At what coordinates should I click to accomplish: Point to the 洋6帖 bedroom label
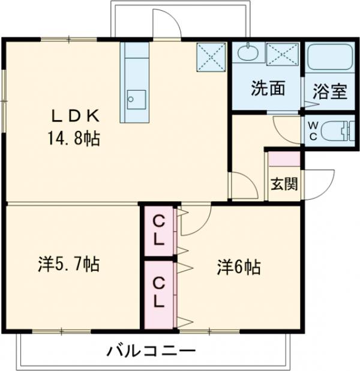click(x=239, y=267)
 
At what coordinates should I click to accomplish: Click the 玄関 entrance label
click(x=284, y=184)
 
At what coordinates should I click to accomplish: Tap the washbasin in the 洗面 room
click(x=247, y=53)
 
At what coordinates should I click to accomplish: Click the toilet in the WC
click(x=337, y=130)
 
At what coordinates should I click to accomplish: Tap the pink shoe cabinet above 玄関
click(x=284, y=159)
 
